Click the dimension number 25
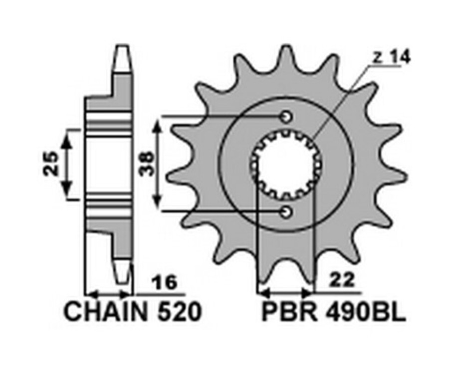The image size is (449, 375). tap(51, 164)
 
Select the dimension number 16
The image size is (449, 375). tap(166, 283)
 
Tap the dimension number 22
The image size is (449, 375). tap(342, 281)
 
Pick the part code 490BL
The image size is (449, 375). tap(365, 313)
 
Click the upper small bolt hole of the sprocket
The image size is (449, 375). tap(286, 117)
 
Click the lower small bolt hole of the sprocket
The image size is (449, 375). tap(286, 212)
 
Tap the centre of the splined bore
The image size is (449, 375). tap(286, 165)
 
